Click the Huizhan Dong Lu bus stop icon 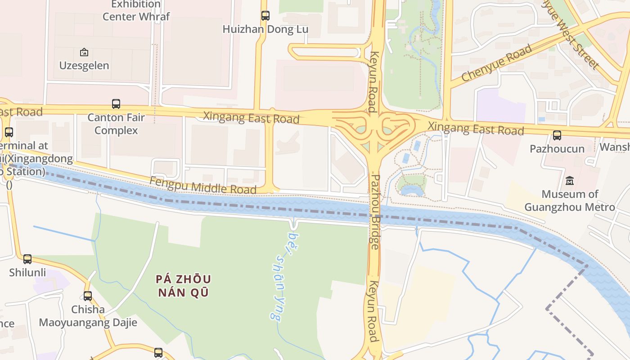[x=265, y=16]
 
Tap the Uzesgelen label [x=84, y=65]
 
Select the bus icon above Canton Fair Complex [x=116, y=104]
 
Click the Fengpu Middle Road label [x=203, y=185]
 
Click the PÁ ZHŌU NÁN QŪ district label [x=183, y=286]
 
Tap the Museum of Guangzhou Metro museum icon [x=570, y=181]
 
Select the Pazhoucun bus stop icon [x=557, y=135]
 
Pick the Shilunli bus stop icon [x=27, y=259]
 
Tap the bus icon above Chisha [x=88, y=296]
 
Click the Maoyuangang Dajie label [x=88, y=323]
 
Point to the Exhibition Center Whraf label [x=136, y=11]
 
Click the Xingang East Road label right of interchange [x=476, y=128]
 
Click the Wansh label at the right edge [x=615, y=147]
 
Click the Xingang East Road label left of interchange [x=251, y=117]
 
